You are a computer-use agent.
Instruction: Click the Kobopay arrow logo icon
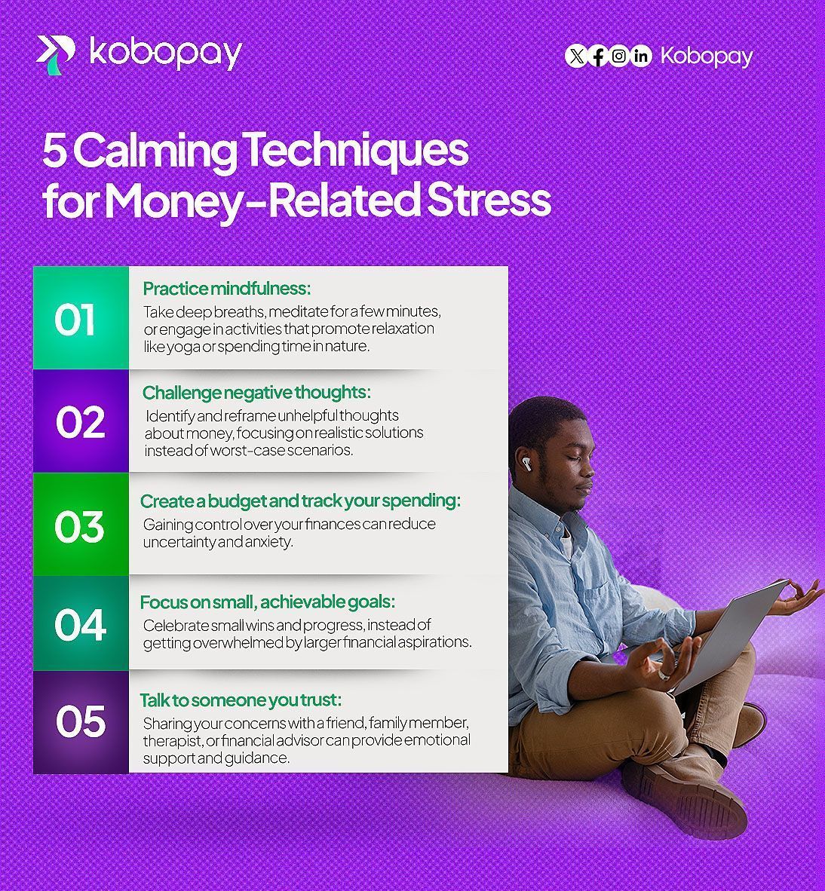coord(56,54)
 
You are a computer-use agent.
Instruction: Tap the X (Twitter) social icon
coord(576,56)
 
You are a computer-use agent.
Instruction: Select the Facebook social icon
coord(597,56)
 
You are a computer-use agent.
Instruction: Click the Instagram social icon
coord(619,56)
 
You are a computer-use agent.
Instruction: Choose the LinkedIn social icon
coord(641,56)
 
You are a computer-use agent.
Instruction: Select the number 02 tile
coord(81,421)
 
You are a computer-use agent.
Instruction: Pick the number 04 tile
coord(81,623)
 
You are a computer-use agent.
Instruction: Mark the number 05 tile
coord(81,721)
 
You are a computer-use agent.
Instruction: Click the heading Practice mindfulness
coord(227,289)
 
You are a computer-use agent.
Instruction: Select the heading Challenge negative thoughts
coord(256,393)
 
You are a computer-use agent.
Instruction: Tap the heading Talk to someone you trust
coord(241,700)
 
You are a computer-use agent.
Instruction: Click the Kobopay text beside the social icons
coord(706,57)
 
